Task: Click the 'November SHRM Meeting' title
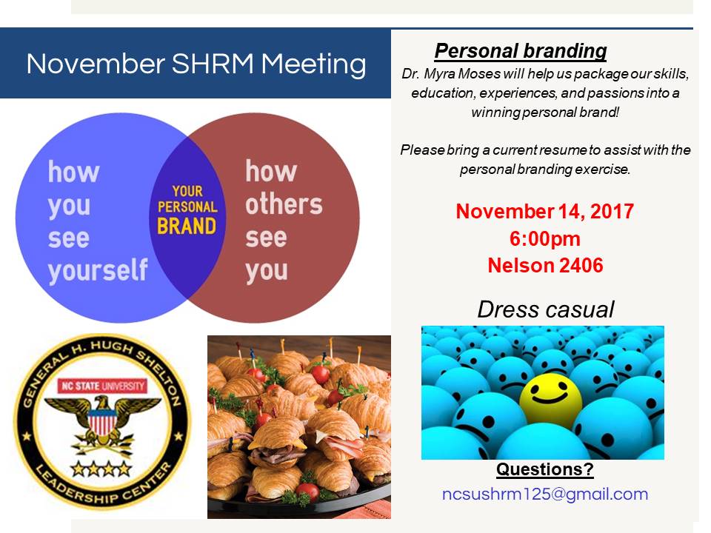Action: [196, 64]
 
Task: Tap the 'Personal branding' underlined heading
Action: [521, 51]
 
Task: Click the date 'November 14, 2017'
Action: [544, 212]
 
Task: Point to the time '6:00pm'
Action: [545, 238]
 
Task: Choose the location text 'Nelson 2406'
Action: [545, 265]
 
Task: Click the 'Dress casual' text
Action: [545, 309]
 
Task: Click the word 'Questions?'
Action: [544, 469]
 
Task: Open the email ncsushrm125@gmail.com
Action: [544, 494]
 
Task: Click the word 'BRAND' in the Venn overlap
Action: [187, 225]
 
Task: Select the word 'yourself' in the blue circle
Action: [98, 269]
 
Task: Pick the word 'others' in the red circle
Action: [284, 204]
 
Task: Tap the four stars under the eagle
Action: [101, 468]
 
